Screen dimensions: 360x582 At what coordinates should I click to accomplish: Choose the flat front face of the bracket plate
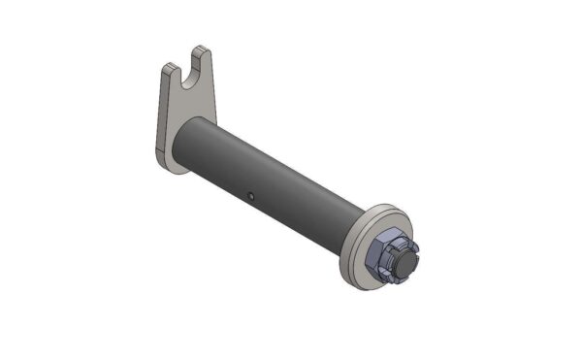point(179,107)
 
